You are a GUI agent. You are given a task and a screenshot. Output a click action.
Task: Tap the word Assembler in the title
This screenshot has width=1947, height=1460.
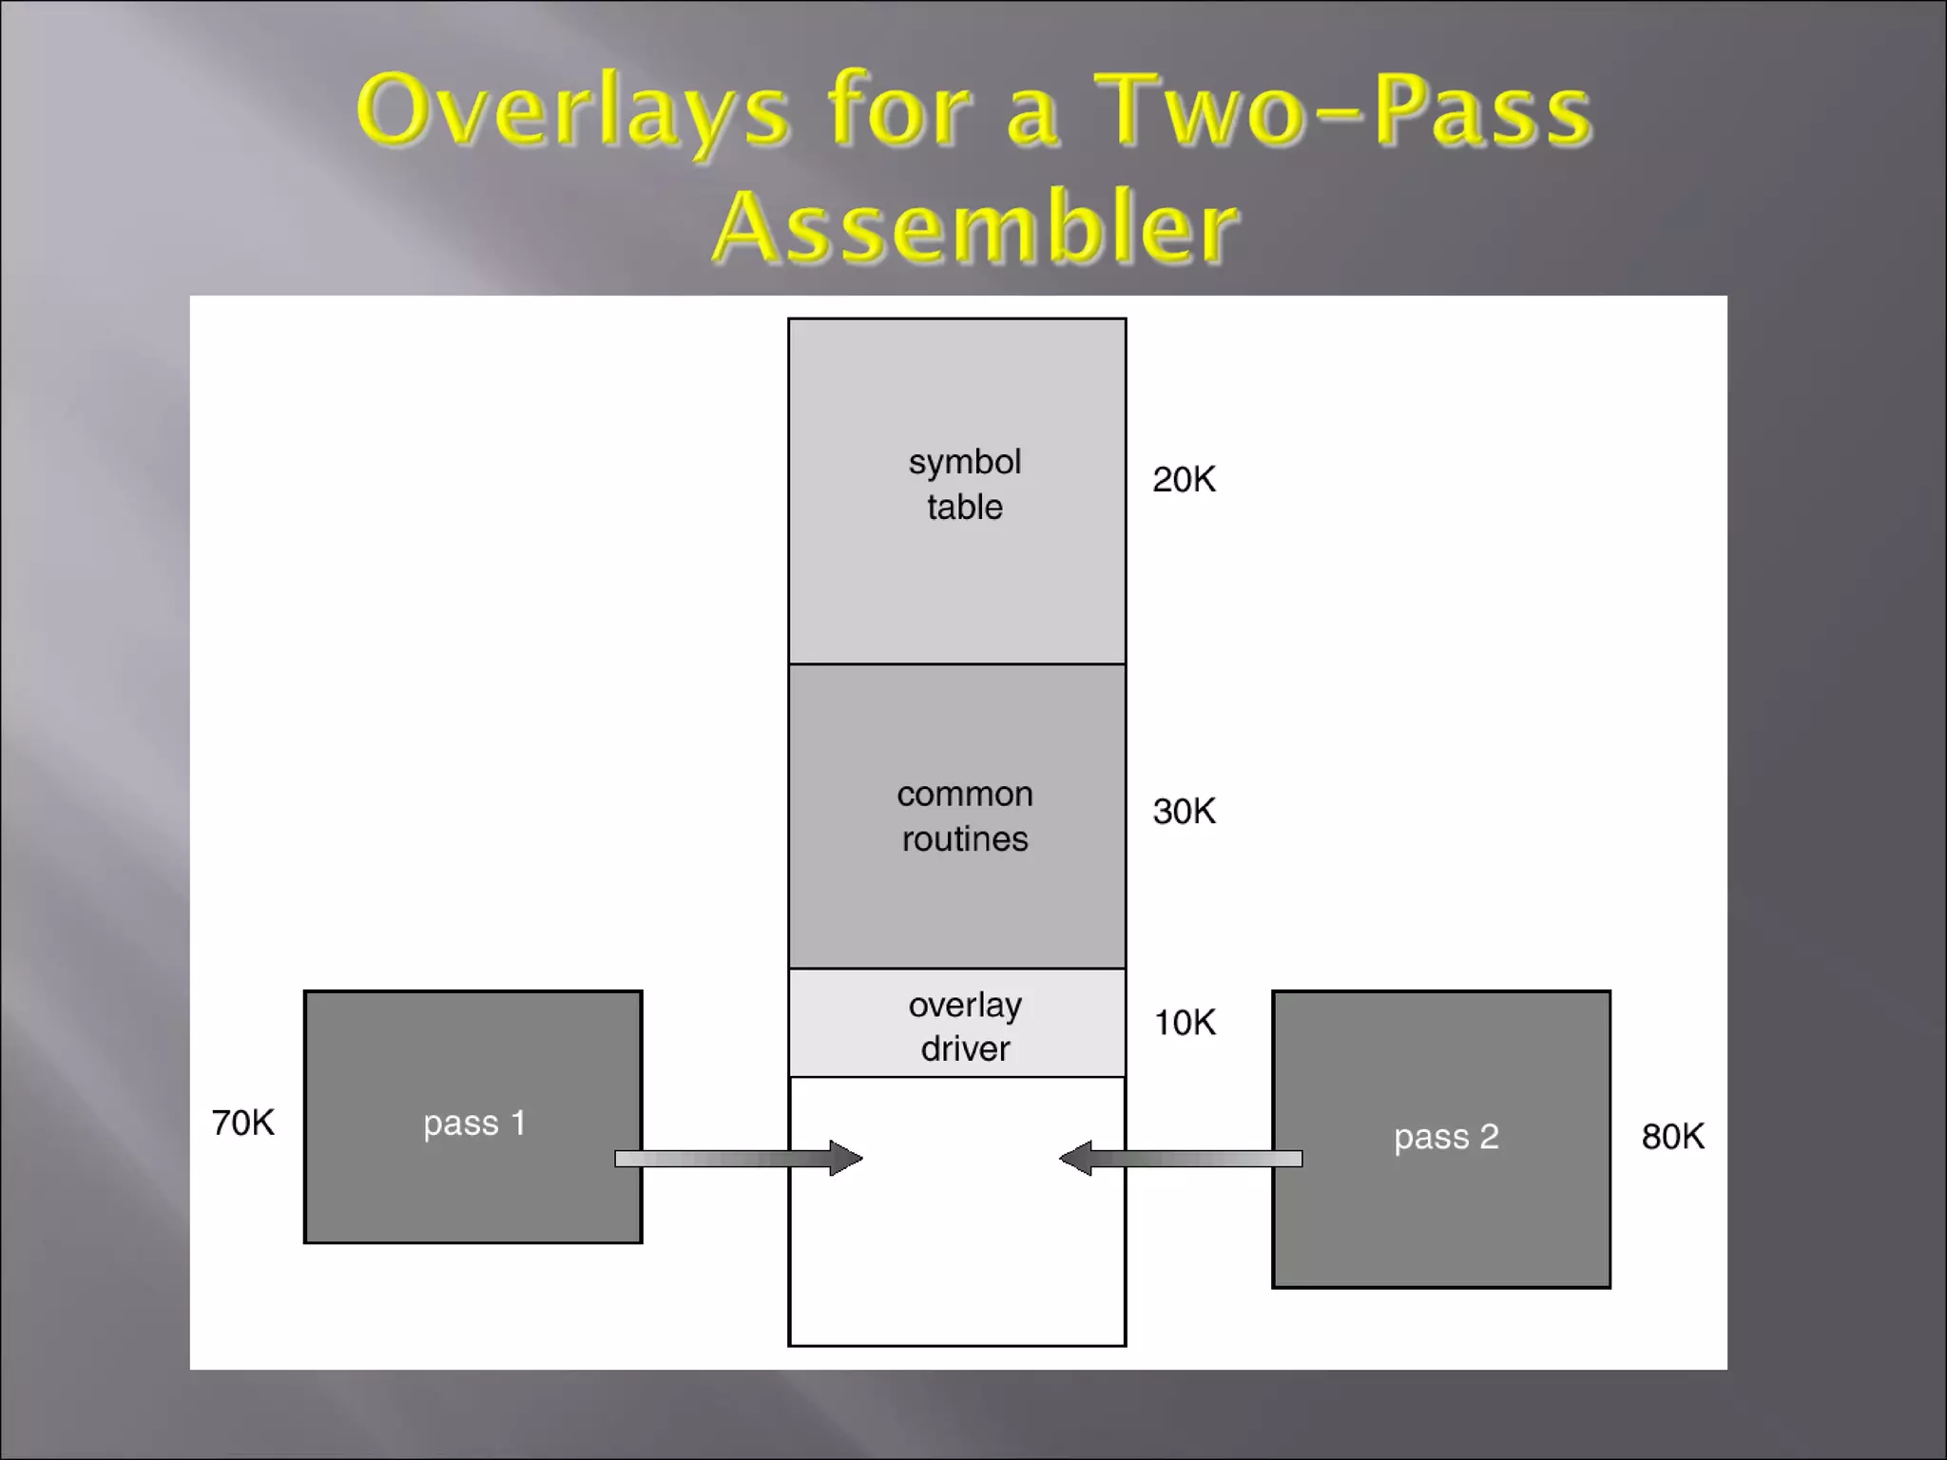975,227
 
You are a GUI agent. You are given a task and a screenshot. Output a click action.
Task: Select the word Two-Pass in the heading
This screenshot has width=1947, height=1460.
1342,111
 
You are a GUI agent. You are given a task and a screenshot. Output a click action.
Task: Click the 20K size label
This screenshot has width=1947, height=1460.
1184,480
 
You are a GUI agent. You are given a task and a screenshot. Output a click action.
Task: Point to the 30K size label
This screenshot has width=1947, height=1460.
1184,812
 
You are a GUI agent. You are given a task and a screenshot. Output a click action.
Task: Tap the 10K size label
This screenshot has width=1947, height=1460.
1184,1023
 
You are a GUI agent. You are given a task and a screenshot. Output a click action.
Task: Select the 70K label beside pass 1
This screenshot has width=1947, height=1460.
243,1123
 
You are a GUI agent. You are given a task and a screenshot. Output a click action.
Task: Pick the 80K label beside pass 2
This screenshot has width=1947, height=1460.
1672,1137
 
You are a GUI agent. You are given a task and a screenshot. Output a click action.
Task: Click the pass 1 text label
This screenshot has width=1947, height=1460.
474,1124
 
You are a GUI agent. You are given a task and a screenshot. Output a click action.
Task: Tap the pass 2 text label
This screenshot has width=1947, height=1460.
1446,1137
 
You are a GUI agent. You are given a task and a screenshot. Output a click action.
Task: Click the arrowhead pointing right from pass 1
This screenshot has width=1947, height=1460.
845,1158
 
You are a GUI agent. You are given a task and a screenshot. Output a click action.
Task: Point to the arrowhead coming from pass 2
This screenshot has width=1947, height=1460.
1076,1158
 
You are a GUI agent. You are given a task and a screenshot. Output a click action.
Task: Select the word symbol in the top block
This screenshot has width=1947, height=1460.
964,463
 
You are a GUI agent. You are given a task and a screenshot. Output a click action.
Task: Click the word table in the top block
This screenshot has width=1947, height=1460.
964,507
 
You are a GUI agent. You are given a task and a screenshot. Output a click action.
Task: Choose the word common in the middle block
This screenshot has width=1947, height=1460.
964,794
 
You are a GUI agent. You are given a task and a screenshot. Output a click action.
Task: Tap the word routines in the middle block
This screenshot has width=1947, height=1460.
964,839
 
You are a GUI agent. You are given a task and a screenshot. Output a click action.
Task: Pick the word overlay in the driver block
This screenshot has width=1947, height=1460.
964,1005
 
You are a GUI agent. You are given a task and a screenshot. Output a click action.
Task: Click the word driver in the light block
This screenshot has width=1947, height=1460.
964,1048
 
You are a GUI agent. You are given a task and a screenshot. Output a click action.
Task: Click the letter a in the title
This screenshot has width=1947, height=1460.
1031,119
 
